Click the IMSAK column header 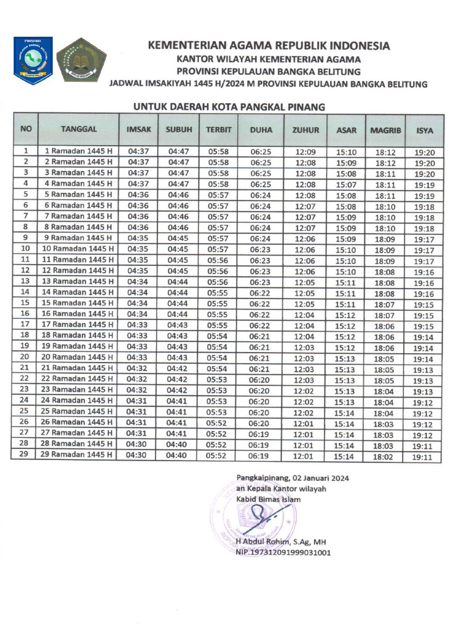(x=138, y=130)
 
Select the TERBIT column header (x=218, y=130)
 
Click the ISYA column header (x=424, y=130)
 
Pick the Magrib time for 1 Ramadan (x=385, y=152)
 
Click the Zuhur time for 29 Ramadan (x=305, y=455)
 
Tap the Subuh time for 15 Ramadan (x=178, y=303)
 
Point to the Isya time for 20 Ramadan (x=424, y=359)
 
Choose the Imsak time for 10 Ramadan (x=138, y=249)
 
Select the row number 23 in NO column (x=25, y=389)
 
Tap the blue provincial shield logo (x=33, y=60)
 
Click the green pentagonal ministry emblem (x=81, y=60)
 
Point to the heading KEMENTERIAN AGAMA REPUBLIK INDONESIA (x=268, y=46)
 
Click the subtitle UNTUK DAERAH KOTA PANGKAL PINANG (x=229, y=107)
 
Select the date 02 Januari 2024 (x=320, y=477)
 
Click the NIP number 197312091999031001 (x=283, y=552)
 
